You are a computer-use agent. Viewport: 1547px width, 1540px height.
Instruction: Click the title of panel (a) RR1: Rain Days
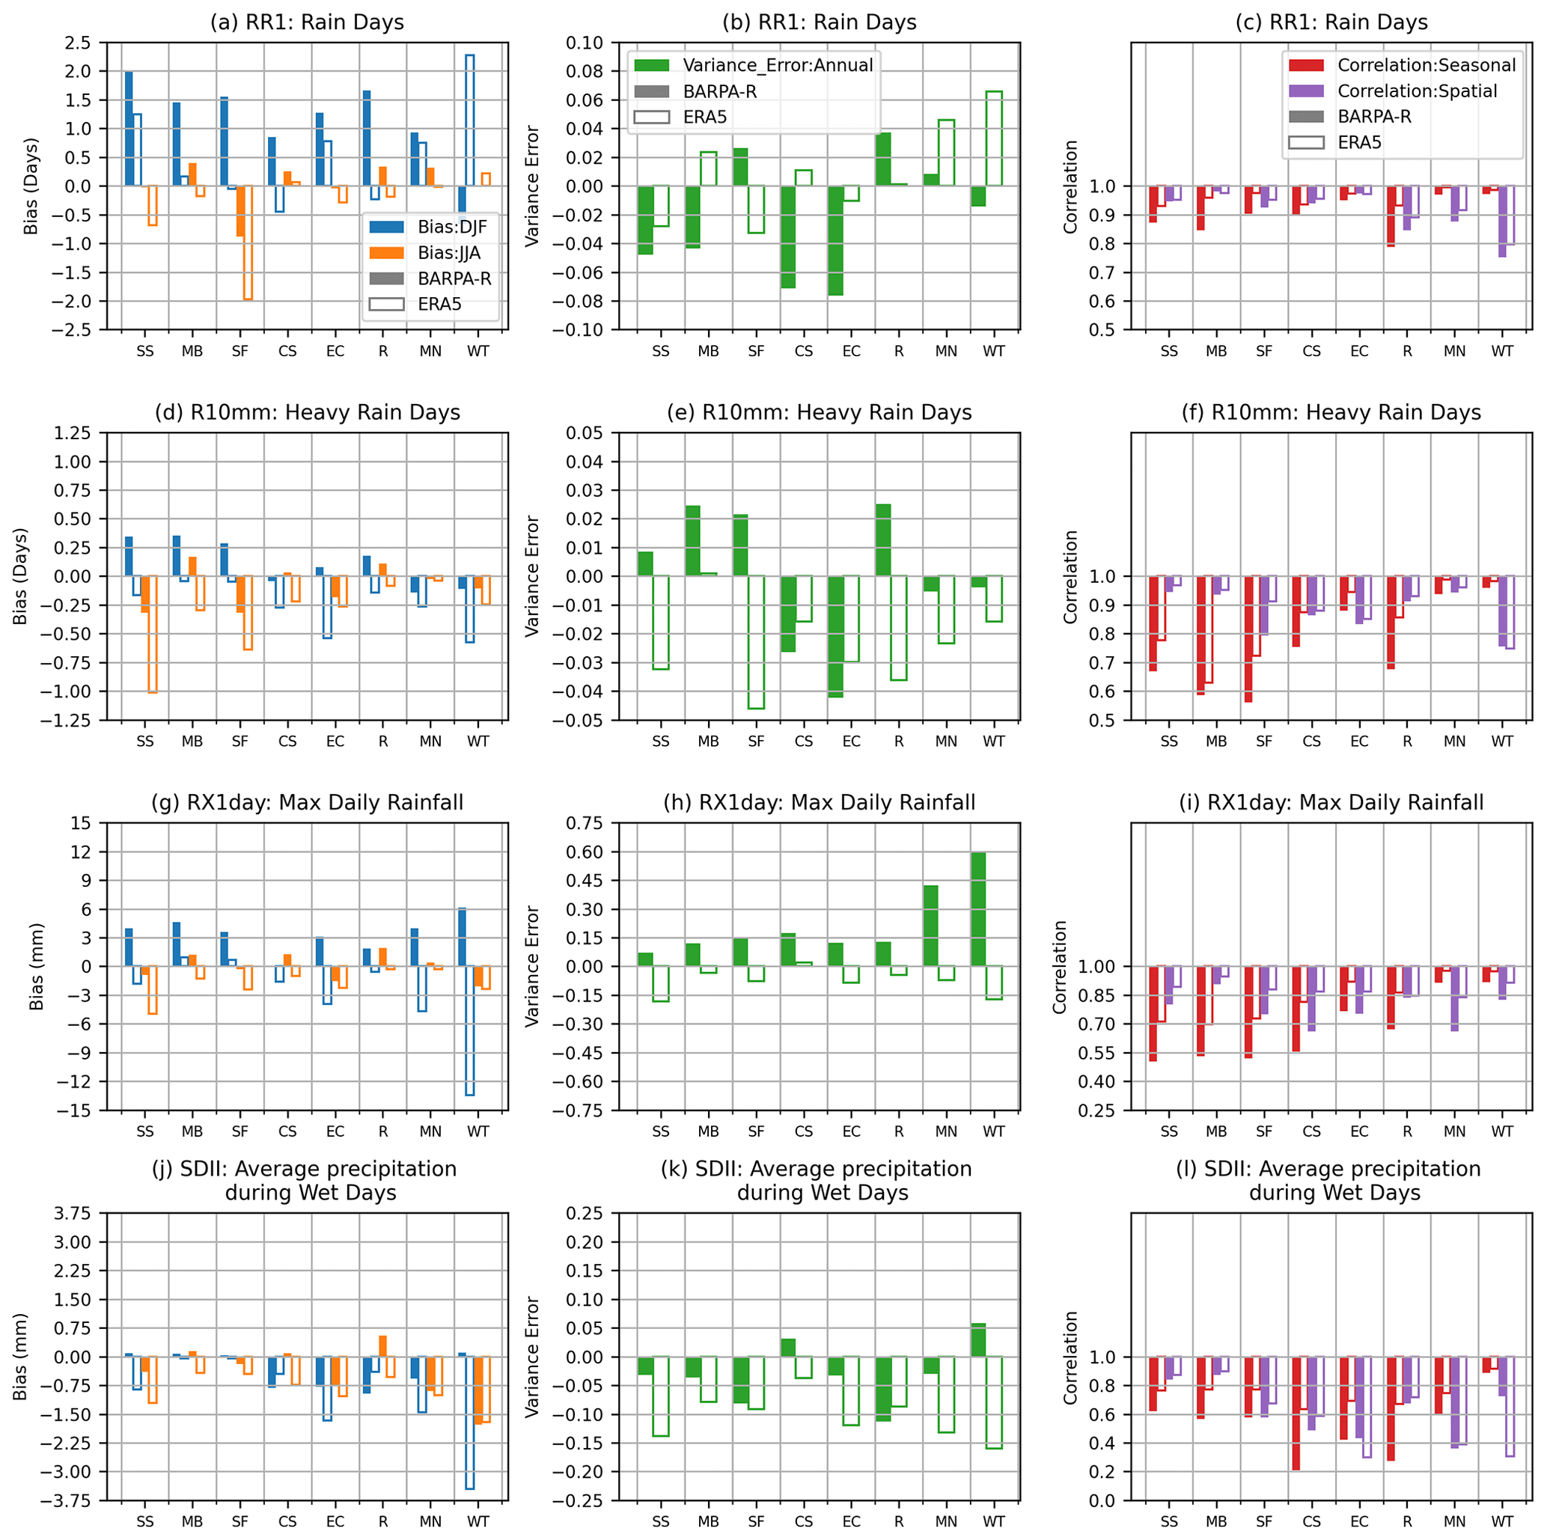(307, 22)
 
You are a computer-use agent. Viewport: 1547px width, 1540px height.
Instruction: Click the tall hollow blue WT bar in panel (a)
(470, 120)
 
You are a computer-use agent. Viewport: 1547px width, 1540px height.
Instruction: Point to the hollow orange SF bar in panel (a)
(248, 242)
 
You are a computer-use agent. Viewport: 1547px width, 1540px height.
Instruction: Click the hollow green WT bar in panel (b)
(994, 138)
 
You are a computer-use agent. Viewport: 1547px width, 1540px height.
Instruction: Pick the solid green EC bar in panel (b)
(836, 240)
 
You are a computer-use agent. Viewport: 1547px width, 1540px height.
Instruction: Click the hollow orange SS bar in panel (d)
(153, 633)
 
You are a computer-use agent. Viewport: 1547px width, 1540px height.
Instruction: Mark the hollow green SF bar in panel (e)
(756, 642)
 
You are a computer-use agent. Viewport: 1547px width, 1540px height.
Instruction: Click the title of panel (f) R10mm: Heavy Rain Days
(1331, 412)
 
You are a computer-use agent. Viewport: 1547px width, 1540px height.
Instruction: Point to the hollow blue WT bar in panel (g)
(470, 1030)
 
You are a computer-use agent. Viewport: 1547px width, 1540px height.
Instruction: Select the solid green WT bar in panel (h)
(977, 908)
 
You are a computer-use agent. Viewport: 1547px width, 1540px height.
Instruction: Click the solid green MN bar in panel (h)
(930, 926)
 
